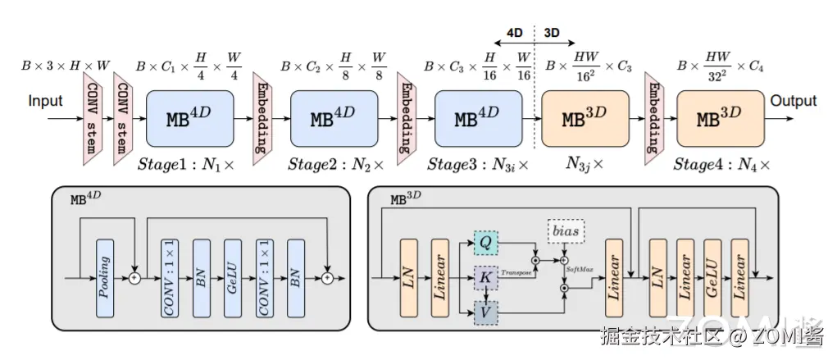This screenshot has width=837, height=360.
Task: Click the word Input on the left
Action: pos(45,102)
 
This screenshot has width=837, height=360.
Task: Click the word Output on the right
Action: pos(793,101)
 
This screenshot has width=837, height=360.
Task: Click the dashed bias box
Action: pos(566,232)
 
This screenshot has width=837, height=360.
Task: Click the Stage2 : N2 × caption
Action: pos(335,165)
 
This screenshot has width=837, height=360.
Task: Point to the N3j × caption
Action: pos(585,164)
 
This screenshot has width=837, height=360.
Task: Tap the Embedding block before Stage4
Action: pos(653,114)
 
